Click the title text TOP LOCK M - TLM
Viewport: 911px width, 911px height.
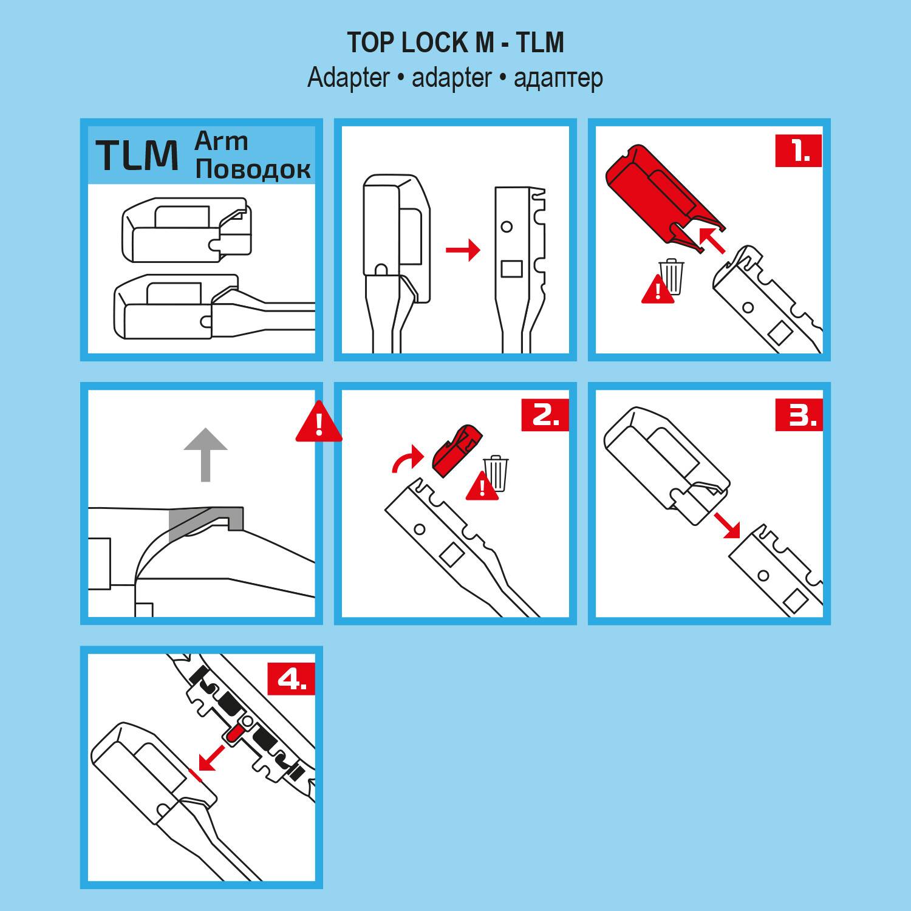(x=455, y=43)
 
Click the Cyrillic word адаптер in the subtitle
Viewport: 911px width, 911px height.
(x=558, y=78)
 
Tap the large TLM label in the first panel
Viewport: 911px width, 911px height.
(x=137, y=155)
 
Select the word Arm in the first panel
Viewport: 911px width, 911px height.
(x=221, y=142)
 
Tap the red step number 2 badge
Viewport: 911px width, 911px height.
(x=545, y=415)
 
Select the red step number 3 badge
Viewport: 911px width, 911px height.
(x=799, y=415)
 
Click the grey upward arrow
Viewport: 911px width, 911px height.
(x=206, y=454)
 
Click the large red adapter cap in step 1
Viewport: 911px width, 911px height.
(x=662, y=194)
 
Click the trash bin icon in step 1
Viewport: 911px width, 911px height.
(x=671, y=276)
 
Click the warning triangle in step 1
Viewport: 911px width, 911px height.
(x=658, y=290)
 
